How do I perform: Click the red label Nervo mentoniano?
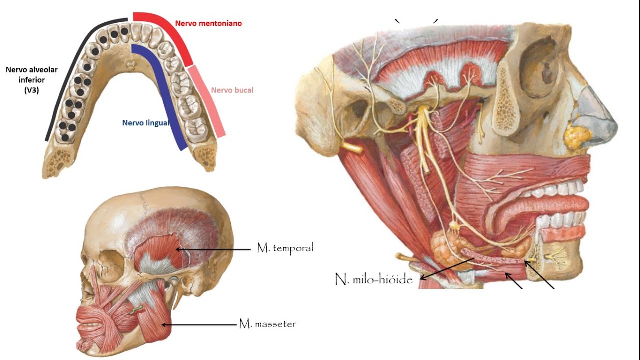coord(208,23)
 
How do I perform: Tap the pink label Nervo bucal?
coord(232,90)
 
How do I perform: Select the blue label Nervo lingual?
coord(146,123)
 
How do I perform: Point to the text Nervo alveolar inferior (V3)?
coord(31,80)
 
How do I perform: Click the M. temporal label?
coord(285,248)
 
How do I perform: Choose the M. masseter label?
coord(268,324)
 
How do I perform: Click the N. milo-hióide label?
coord(374,279)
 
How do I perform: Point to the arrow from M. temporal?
coord(213,249)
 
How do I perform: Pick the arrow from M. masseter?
coord(199,325)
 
